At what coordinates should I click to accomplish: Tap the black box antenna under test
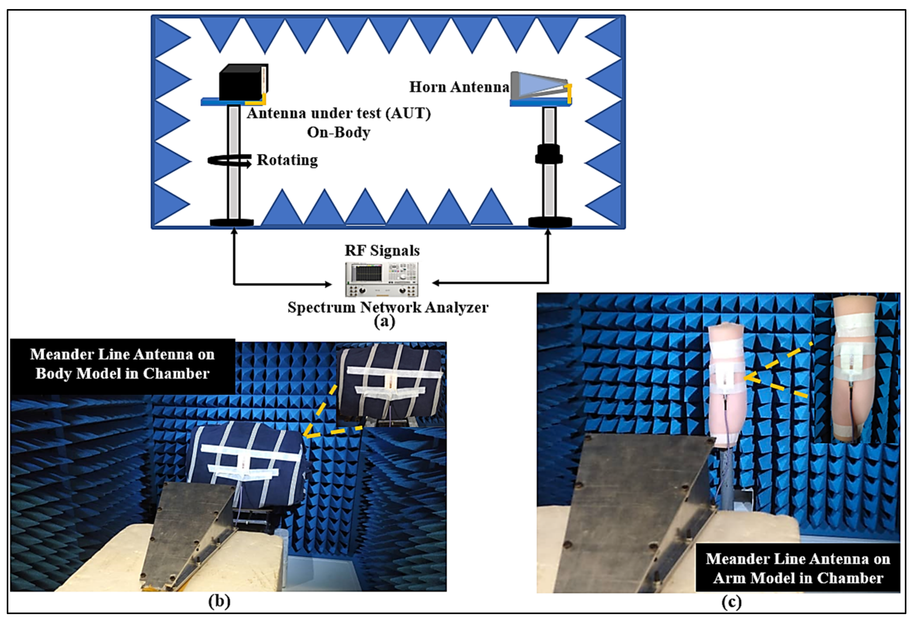pyautogui.click(x=243, y=83)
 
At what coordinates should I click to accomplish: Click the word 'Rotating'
pyautogui.click(x=287, y=160)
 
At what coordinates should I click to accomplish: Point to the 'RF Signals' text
pyautogui.click(x=382, y=251)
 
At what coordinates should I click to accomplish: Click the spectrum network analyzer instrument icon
pyautogui.click(x=381, y=279)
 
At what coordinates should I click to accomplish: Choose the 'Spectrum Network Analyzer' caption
pyautogui.click(x=388, y=307)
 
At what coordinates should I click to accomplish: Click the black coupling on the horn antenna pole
pyautogui.click(x=549, y=154)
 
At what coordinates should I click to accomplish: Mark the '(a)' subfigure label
pyautogui.click(x=384, y=322)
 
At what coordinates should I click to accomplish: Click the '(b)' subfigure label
pyautogui.click(x=219, y=601)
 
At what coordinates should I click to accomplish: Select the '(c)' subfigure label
pyautogui.click(x=731, y=602)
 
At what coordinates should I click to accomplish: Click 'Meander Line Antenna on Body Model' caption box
pyautogui.click(x=123, y=364)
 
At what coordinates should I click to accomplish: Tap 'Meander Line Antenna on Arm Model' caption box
pyautogui.click(x=798, y=568)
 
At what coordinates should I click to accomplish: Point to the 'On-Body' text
pyautogui.click(x=339, y=132)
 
